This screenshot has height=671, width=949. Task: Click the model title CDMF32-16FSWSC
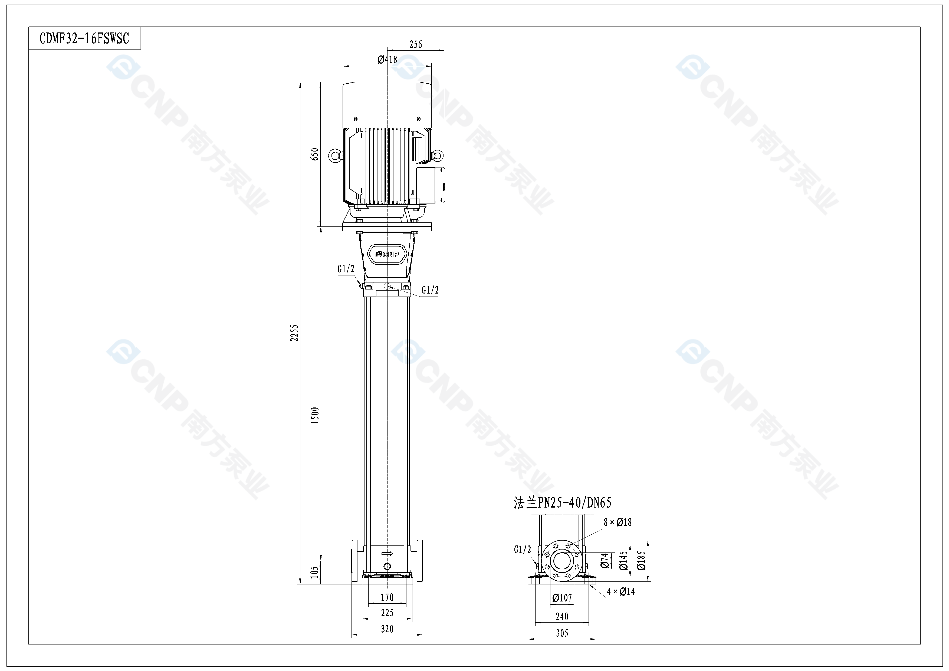[x=84, y=38]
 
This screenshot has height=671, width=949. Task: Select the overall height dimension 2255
[x=294, y=333]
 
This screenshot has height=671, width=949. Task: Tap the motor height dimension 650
[x=315, y=154]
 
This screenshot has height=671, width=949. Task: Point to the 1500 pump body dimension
[x=315, y=415]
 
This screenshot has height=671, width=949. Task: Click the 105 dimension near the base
[x=315, y=572]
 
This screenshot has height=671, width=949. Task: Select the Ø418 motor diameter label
[x=387, y=60]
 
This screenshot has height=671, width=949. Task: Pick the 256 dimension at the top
[x=416, y=44]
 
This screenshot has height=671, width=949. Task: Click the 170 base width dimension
[x=387, y=597]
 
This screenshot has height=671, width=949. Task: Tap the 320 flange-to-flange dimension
[x=387, y=629]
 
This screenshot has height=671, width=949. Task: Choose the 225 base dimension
[x=387, y=613]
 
